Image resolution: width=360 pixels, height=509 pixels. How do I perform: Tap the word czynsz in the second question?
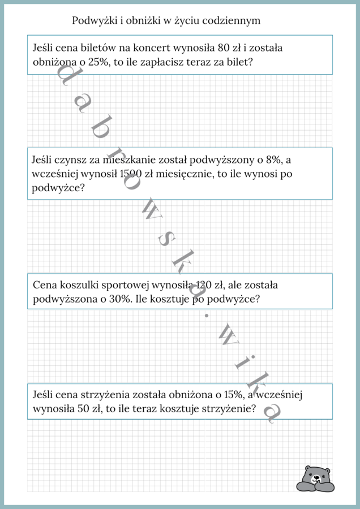[67, 160]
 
